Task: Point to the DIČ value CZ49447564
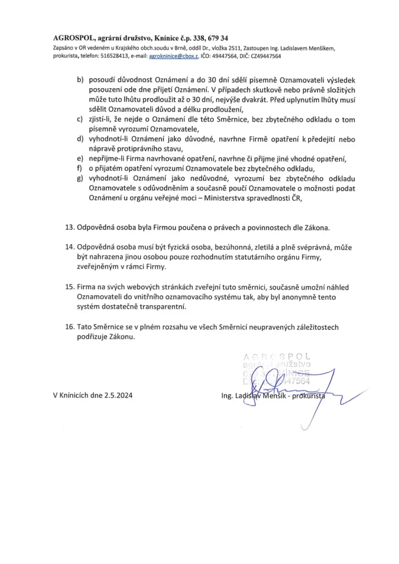pos(266,56)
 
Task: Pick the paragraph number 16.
pos(70,327)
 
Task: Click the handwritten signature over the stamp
pos(284,386)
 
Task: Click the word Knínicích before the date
pos(75,395)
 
